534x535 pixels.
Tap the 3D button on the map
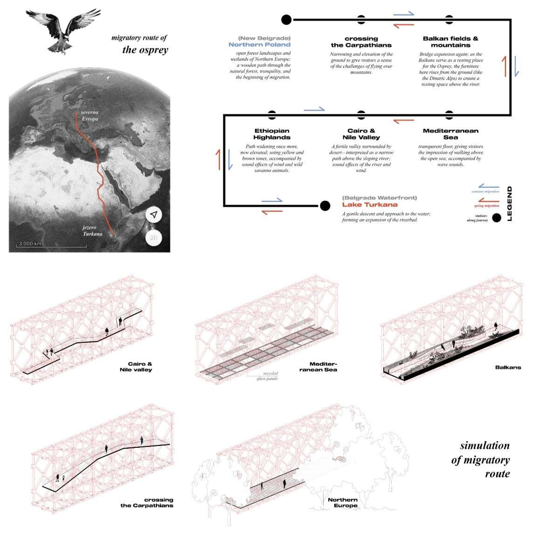tap(153, 238)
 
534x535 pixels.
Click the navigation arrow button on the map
tap(154, 214)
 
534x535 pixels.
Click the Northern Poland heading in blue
tap(259, 45)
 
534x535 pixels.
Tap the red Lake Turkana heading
tap(370, 205)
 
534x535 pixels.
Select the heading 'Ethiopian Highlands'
tap(272, 134)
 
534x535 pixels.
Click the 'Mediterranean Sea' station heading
tap(450, 134)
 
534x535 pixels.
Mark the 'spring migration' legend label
tap(486, 206)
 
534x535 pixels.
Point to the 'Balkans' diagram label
tap(508, 368)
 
